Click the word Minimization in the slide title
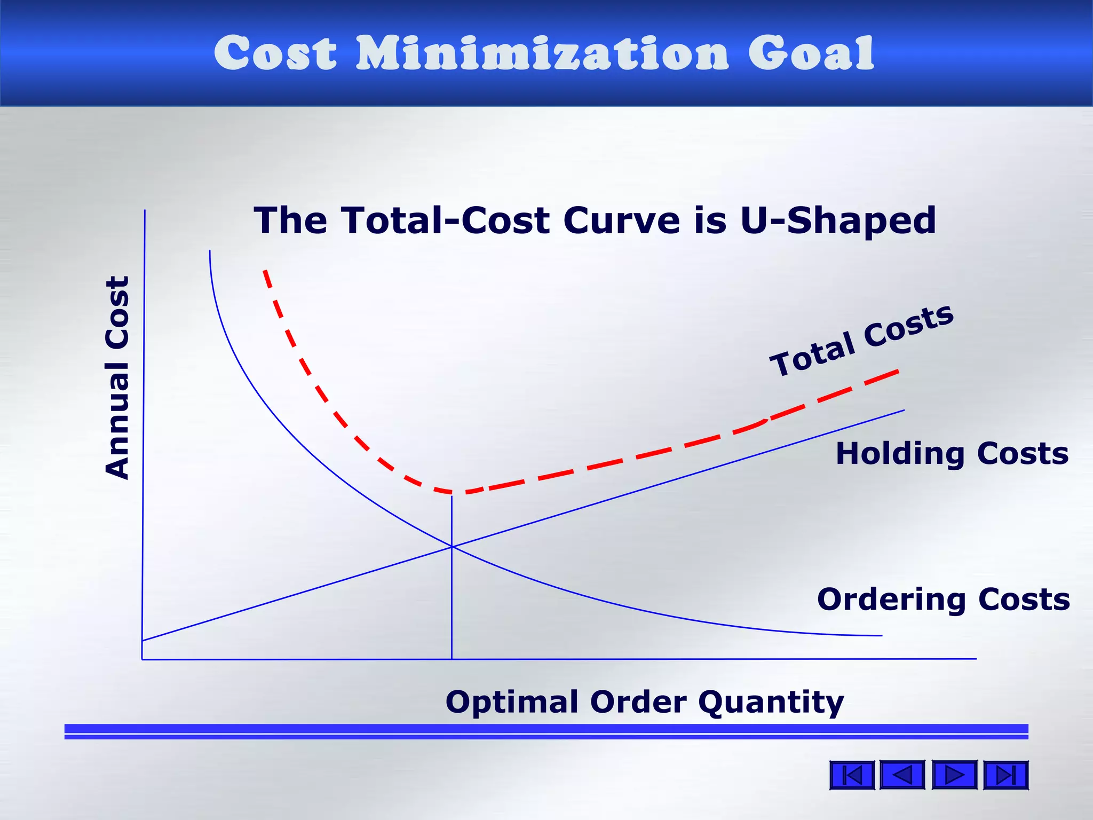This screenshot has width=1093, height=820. (x=542, y=53)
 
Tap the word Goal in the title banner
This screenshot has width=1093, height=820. (x=811, y=53)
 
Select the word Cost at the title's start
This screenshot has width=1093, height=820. (x=275, y=53)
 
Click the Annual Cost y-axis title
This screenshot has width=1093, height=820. (x=117, y=377)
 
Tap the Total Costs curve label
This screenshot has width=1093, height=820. (x=861, y=340)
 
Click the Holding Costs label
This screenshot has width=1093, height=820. (x=952, y=454)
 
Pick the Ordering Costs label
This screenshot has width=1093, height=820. (x=944, y=599)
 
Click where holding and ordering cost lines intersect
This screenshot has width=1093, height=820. (x=452, y=546)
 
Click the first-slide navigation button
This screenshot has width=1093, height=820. (x=852, y=775)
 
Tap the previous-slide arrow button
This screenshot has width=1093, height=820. (x=902, y=775)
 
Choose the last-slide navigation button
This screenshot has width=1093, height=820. (x=1005, y=775)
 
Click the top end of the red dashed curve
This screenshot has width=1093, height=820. (x=265, y=271)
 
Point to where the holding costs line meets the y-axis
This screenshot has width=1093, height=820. (x=142, y=640)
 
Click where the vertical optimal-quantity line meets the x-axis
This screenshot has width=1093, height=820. (x=452, y=659)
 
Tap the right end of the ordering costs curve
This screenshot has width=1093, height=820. (x=882, y=635)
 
